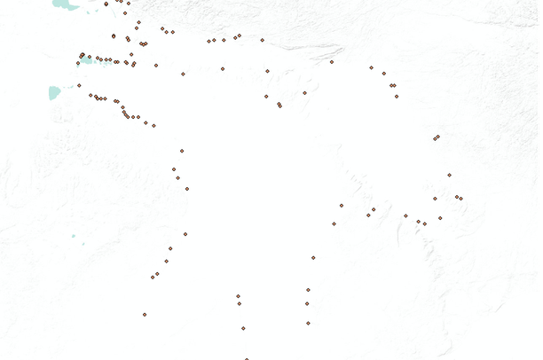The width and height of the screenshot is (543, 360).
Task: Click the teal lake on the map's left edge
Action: (55, 91)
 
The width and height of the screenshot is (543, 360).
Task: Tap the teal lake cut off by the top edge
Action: (62, 4)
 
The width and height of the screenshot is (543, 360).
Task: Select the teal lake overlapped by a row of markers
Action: (88, 60)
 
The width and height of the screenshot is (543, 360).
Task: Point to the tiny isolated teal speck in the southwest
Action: (75, 238)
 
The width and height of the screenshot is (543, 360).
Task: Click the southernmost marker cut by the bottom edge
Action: (247, 358)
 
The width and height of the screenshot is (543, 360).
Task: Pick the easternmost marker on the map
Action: (460, 199)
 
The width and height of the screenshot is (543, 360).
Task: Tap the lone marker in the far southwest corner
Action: (145, 314)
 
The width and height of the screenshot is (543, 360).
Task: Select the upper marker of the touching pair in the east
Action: (437, 137)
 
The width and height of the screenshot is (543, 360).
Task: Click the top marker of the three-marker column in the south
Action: (308, 290)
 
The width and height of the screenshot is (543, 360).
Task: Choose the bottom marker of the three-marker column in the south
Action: (308, 323)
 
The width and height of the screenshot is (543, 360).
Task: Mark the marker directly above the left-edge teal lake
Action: (79, 85)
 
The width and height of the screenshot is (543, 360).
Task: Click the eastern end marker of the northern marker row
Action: (262, 40)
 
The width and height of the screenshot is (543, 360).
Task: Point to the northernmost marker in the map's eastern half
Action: (332, 62)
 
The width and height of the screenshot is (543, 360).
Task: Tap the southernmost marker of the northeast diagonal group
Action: (396, 96)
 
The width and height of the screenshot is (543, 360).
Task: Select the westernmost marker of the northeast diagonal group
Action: (372, 67)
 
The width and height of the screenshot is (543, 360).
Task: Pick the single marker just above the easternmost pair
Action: (449, 175)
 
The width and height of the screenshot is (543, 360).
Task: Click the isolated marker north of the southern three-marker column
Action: (313, 258)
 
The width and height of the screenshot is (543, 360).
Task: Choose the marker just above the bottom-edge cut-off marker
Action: (243, 328)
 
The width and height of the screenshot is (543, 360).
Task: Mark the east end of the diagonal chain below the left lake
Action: (153, 126)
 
